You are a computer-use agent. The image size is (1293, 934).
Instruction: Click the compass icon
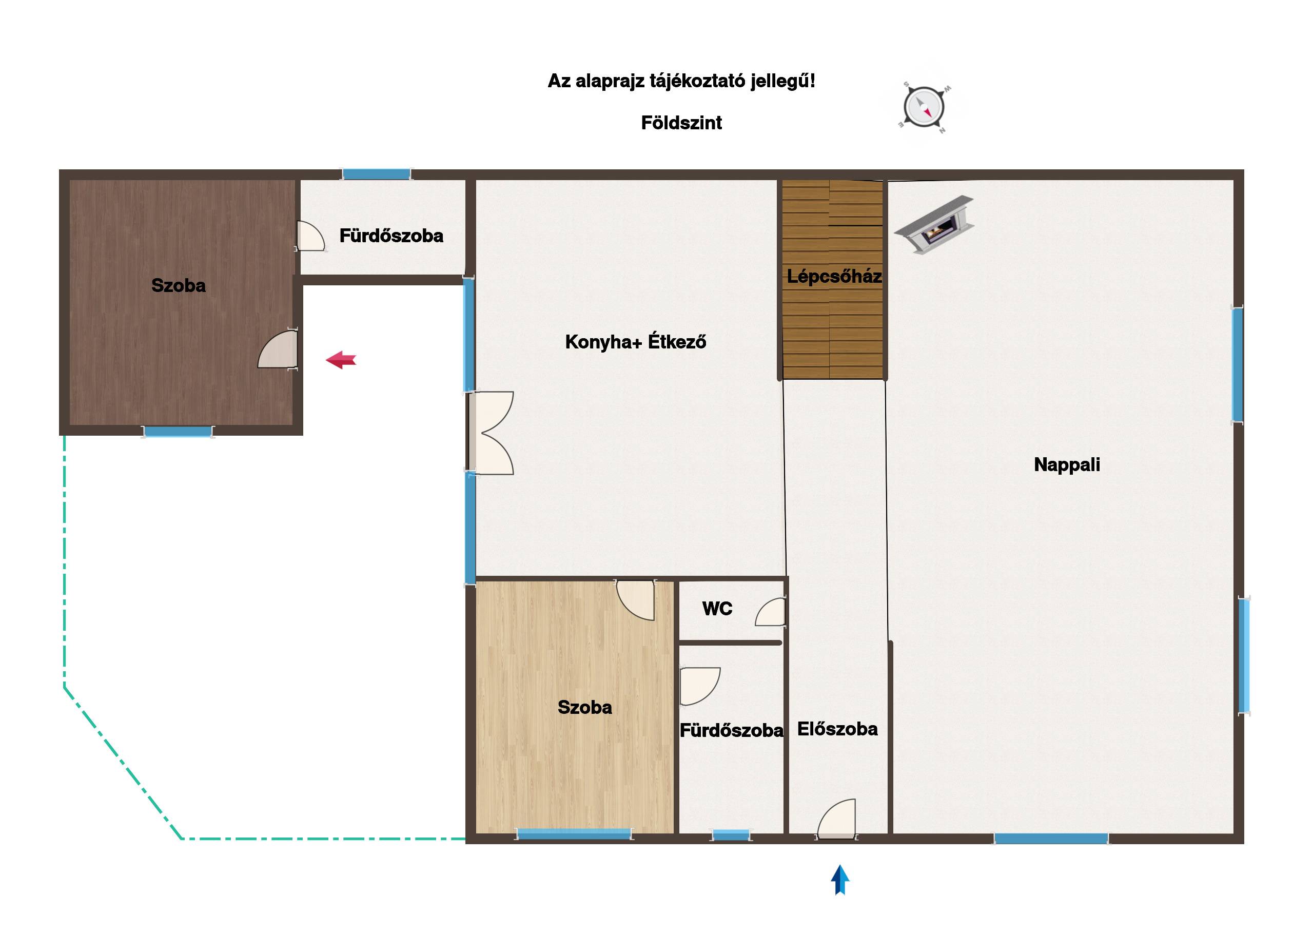tap(924, 107)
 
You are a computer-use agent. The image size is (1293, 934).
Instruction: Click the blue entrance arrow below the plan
tap(840, 880)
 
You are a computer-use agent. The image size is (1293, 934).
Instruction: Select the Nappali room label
tap(1067, 465)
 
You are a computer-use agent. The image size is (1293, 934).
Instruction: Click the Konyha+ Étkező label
tap(636, 342)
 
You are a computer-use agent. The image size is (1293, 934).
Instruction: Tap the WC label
tap(717, 609)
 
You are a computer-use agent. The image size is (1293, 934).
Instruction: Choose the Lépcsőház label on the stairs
tap(834, 277)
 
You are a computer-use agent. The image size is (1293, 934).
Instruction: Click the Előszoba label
tap(837, 729)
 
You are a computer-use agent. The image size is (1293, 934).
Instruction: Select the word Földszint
tap(681, 123)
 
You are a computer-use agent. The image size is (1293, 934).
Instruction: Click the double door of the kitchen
tap(491, 433)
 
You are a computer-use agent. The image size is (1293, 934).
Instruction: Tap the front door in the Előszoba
tap(836, 819)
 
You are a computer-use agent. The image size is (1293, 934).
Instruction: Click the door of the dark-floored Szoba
tap(278, 348)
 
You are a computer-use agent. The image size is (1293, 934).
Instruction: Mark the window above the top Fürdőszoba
tap(376, 174)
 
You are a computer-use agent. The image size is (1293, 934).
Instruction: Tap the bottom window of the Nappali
tap(1051, 838)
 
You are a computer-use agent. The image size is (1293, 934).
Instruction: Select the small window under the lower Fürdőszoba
tap(731, 835)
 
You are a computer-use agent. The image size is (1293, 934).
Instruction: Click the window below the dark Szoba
tap(178, 432)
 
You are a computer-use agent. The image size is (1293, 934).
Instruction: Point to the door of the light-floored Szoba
tap(635, 600)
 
